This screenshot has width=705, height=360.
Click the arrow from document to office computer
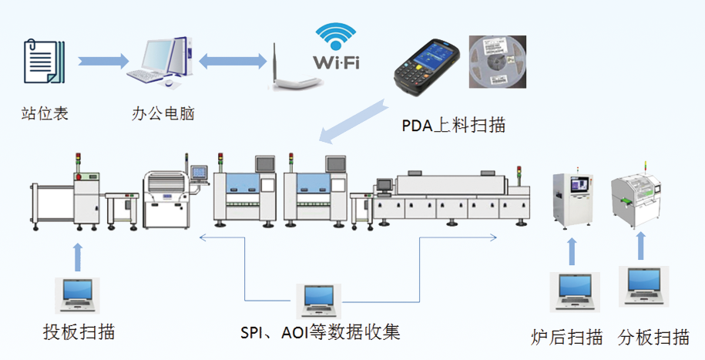tap(102, 60)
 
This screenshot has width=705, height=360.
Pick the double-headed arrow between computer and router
tap(230, 60)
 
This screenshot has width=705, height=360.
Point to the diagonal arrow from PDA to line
tap(354, 120)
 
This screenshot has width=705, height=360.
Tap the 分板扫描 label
tap(653, 337)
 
